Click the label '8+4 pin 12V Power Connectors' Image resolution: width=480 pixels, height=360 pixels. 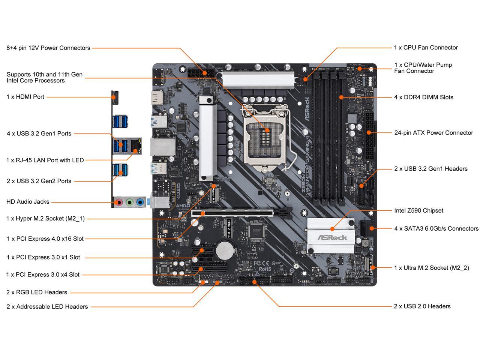(48, 48)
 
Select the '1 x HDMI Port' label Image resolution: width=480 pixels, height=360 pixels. (25, 97)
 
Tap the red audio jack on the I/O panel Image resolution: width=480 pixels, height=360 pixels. (119, 202)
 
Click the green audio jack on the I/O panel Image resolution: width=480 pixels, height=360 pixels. (130, 202)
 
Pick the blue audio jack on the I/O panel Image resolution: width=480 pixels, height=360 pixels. (140, 202)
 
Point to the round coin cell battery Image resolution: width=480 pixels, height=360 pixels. (226, 248)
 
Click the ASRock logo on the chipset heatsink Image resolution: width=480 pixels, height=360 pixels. (332, 238)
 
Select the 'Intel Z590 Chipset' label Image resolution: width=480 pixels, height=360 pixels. (418, 211)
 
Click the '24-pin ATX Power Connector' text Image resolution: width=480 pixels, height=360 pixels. (433, 133)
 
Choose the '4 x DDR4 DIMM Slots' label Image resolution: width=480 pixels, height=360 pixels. (423, 97)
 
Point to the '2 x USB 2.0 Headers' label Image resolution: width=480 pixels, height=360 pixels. (422, 306)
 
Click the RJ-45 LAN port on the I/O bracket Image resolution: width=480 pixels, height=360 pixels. (136, 146)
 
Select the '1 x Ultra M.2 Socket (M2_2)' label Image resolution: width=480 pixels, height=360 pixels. (431, 268)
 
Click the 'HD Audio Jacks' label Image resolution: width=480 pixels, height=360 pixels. (28, 202)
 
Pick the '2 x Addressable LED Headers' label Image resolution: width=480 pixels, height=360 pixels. (47, 307)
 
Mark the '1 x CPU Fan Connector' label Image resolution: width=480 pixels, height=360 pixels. (426, 48)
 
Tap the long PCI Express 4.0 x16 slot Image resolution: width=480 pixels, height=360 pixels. (242, 213)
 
